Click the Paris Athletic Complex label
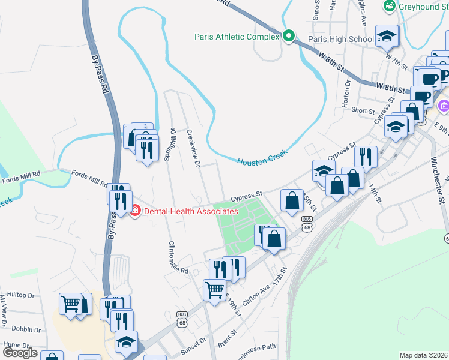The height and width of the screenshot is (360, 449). coord(237,37)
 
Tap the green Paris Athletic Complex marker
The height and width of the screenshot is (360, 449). coord(289,37)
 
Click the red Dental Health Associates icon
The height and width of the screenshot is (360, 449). coord(136,211)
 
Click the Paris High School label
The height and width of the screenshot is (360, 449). coord(340,40)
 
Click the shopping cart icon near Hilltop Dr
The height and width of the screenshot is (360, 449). coord(71,304)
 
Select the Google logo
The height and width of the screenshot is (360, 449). coord(20,353)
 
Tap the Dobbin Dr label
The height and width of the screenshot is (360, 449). coord(25,330)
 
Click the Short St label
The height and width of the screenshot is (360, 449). coord(363,111)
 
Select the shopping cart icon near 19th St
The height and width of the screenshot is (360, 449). coord(214,290)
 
